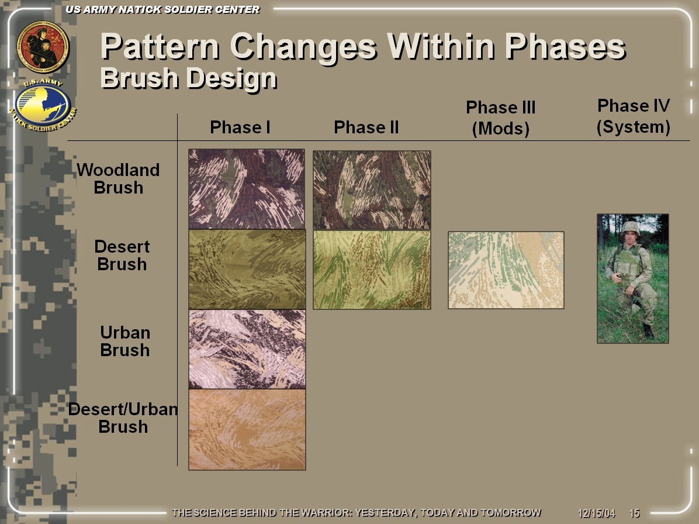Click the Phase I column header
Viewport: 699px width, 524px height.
tap(240, 127)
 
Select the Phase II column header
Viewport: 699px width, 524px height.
tap(366, 127)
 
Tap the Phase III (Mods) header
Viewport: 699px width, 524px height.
tap(501, 118)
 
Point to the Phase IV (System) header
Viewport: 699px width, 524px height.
tap(634, 116)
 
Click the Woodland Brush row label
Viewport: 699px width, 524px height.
tap(118, 179)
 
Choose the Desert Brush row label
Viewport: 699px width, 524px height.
tap(122, 256)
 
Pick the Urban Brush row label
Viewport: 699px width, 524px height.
tap(125, 342)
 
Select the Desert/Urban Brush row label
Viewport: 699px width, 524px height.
tap(123, 418)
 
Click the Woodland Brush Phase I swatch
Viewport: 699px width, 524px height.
tap(247, 189)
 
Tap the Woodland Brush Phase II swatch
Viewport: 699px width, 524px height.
tap(372, 190)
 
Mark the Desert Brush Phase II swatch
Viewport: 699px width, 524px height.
tap(372, 270)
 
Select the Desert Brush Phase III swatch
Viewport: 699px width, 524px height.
tap(506, 270)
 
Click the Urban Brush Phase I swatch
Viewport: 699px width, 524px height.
tap(247, 349)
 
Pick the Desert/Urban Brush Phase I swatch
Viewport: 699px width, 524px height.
tap(247, 430)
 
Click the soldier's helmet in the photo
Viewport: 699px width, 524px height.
tap(631, 228)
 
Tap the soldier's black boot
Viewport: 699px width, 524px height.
tap(648, 331)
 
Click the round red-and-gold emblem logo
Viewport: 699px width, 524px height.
tap(43, 47)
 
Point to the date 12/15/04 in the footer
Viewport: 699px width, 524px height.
tap(597, 513)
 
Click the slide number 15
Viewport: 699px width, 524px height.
tap(634, 513)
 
